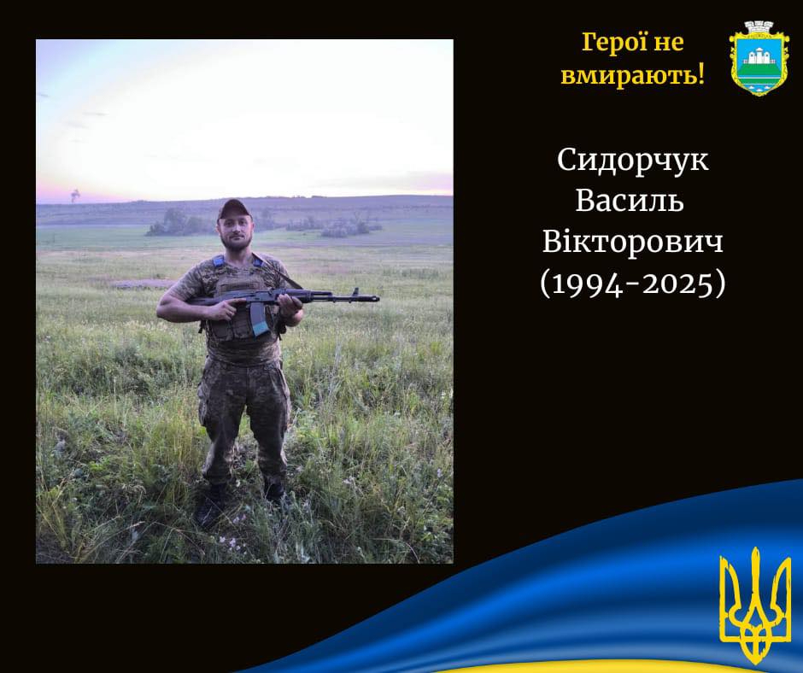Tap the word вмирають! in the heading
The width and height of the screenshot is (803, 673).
632,76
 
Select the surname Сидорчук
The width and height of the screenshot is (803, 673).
633,161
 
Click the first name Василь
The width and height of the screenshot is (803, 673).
630,200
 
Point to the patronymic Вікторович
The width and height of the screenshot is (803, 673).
632,241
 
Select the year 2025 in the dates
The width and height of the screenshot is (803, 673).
677,284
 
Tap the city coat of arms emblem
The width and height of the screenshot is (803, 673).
754,58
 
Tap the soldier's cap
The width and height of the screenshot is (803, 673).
233,208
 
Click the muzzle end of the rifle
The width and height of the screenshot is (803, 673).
377,297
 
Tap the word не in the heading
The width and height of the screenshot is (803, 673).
668,43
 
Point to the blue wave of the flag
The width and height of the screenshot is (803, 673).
563,594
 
